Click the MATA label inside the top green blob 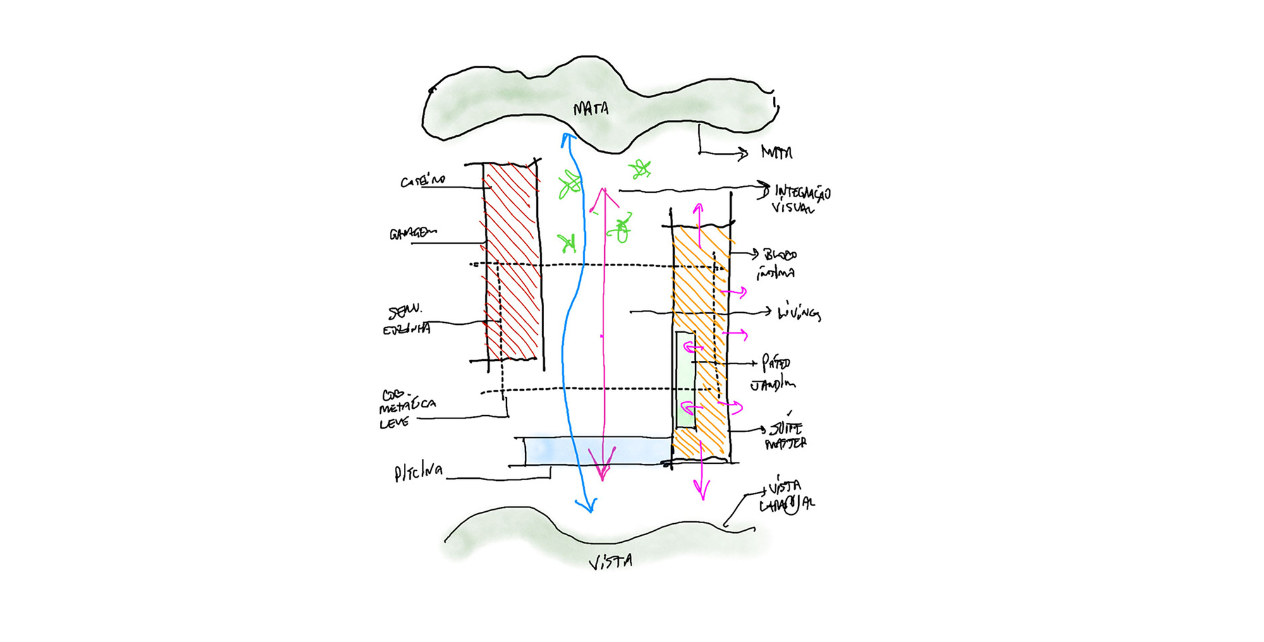[591, 109]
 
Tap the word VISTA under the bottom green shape [611, 562]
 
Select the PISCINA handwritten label [418, 472]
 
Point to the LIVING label [799, 312]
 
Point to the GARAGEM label [413, 234]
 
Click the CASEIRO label [422, 181]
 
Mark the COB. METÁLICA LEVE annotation [407, 409]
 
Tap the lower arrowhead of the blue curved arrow [588, 506]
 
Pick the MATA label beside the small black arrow [776, 152]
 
